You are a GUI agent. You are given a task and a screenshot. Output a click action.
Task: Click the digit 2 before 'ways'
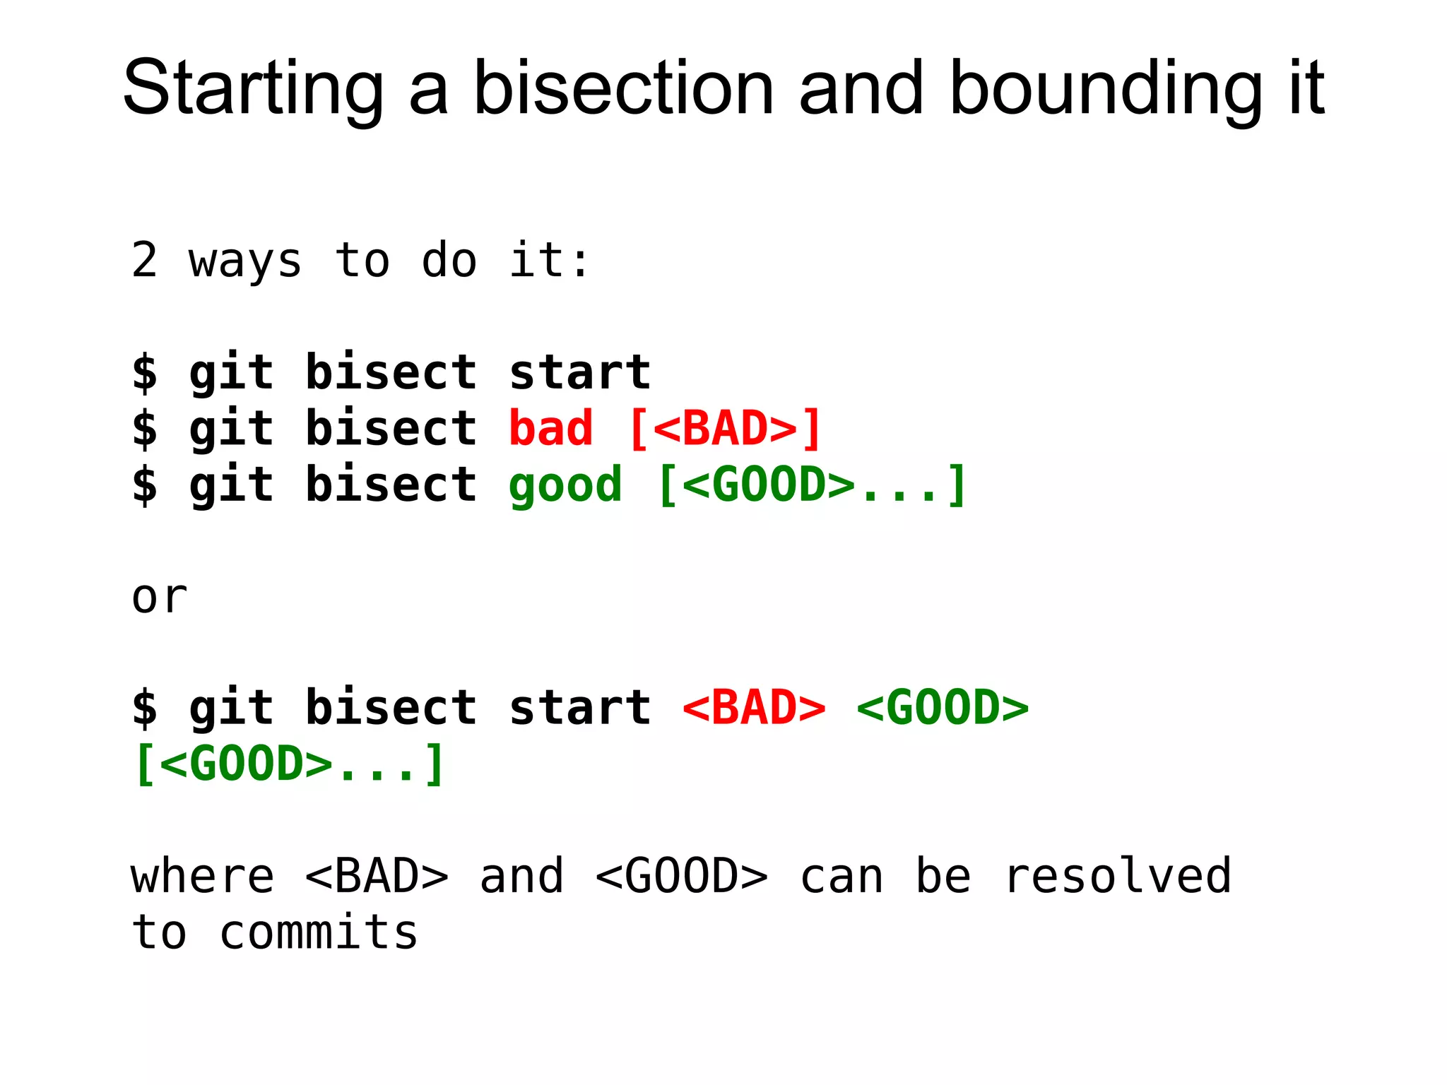(144, 260)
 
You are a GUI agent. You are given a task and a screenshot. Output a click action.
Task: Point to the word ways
(245, 261)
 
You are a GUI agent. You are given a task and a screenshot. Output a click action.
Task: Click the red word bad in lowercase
(550, 429)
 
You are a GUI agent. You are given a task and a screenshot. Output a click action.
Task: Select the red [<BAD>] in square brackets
(725, 429)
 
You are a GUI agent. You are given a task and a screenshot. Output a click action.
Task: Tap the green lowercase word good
(565, 486)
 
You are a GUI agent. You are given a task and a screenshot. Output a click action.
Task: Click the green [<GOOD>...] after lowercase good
(812, 486)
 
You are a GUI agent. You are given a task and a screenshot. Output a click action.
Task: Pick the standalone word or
(160, 598)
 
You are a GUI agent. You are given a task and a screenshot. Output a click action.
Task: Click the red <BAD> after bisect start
(754, 708)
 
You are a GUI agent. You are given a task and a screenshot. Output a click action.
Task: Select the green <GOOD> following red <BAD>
(943, 708)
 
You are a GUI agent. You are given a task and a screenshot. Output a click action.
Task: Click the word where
(203, 877)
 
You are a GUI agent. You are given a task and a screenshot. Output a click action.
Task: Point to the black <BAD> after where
(377, 877)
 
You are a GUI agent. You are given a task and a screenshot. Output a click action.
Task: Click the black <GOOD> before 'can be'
(681, 877)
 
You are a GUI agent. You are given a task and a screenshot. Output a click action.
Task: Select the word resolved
(1118, 877)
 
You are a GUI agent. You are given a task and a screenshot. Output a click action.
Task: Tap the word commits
(319, 933)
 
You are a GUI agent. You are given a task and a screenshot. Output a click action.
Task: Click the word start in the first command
(579, 372)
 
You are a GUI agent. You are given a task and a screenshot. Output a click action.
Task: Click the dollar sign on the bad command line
(145, 429)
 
